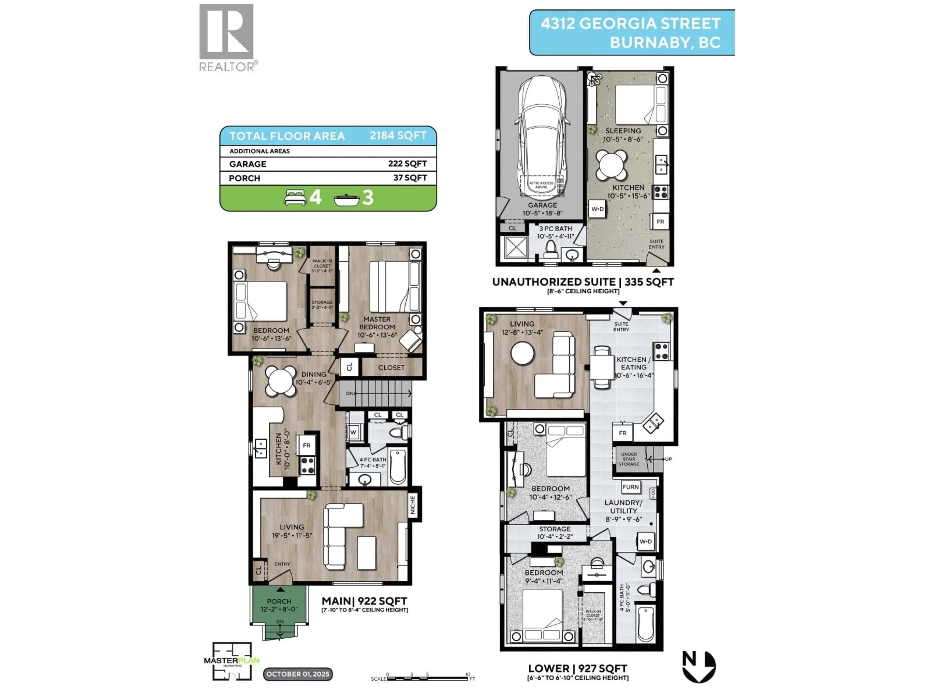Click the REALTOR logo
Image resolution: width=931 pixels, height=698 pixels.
point(226,37)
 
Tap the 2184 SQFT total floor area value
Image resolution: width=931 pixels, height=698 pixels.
point(398,135)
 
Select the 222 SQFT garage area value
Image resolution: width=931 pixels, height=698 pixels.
point(407,164)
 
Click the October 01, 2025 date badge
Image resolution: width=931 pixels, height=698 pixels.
point(297,674)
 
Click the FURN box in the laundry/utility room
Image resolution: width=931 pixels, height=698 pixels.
point(630,487)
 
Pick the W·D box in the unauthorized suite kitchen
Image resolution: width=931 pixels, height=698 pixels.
point(597,209)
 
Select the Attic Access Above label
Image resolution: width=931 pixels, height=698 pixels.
point(541,185)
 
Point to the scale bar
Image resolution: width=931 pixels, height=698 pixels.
point(427,678)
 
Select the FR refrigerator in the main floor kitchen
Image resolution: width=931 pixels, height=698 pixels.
point(306,445)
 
